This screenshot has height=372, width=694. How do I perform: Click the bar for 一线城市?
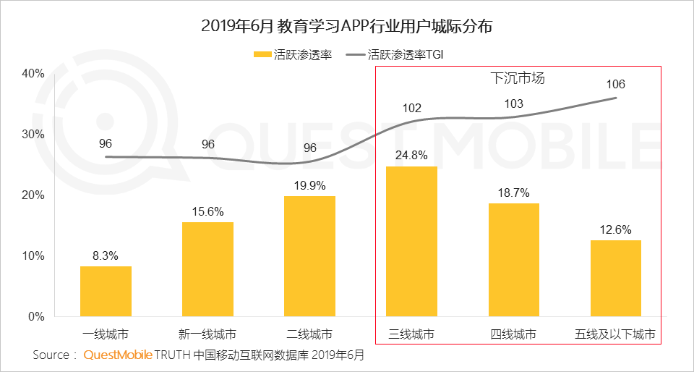coord(106,291)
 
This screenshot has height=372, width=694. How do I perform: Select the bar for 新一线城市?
coord(207,269)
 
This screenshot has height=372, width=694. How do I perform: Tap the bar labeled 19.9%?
coord(309,256)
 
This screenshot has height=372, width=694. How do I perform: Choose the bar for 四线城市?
coord(513,260)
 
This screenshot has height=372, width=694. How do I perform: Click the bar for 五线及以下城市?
coord(615,278)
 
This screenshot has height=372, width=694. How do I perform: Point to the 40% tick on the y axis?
coord(33,73)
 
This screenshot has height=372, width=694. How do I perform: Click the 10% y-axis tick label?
coord(33,255)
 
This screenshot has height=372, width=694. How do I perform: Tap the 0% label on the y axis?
coord(36,316)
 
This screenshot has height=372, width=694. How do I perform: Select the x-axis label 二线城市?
coord(309,334)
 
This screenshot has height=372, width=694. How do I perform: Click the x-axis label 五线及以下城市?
coord(615,334)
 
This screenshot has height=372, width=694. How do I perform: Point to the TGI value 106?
coord(616,85)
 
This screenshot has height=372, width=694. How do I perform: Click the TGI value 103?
coord(513,104)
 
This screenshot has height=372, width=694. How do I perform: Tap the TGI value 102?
coord(411,109)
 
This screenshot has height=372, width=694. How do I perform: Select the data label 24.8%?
coord(411,155)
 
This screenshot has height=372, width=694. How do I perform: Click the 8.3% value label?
coord(106,255)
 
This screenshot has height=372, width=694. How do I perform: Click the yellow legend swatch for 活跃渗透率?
coord(261,54)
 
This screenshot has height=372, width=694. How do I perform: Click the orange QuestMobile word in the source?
coord(118,355)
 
